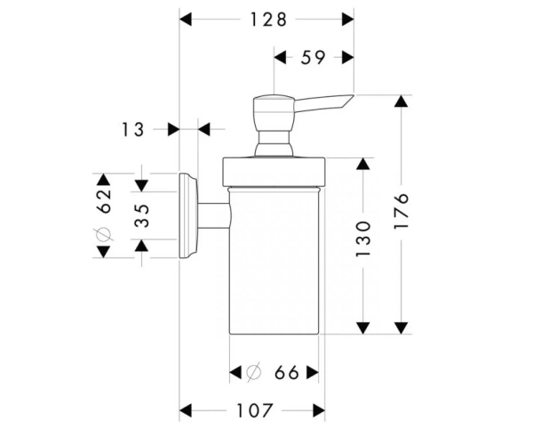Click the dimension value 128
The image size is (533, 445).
[268, 20]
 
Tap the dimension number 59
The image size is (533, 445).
[313, 58]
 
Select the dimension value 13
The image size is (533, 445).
[132, 130]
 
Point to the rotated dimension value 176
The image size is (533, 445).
[402, 211]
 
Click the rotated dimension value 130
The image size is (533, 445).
[363, 239]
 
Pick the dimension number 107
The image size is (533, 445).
[255, 410]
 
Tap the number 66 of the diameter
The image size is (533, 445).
[287, 373]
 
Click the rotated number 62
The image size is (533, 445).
[104, 201]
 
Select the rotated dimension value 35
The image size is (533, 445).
[142, 216]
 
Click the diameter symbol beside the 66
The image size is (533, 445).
[253, 372]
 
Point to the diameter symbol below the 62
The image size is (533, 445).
[103, 235]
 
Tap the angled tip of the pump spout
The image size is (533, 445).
[354, 95]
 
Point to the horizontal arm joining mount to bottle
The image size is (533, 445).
[214, 216]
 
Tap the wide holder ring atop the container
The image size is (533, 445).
[274, 172]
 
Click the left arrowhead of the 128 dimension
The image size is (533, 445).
[186, 20]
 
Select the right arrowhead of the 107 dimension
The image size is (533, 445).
[319, 410]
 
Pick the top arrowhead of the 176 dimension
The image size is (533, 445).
[402, 101]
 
